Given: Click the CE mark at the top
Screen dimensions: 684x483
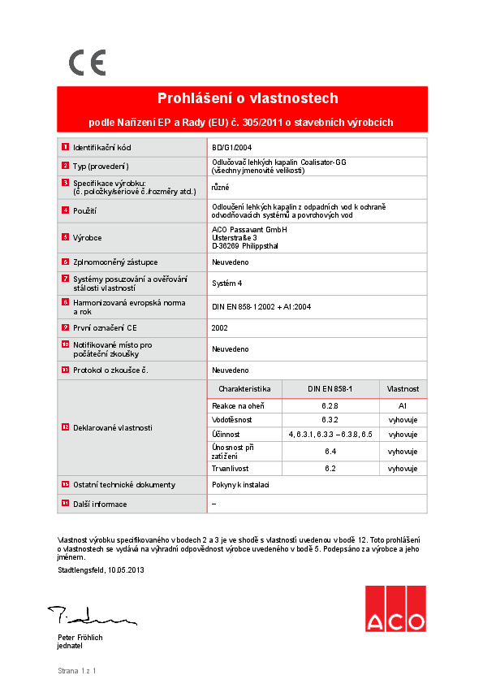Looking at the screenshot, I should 86,63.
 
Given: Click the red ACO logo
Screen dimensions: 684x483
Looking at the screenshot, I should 395,609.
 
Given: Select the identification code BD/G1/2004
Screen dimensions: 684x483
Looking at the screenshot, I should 231,148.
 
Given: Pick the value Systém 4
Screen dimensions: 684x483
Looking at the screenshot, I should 227,284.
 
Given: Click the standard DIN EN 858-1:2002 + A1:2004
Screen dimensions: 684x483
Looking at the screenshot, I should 261,307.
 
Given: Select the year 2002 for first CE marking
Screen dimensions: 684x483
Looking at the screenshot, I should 219,327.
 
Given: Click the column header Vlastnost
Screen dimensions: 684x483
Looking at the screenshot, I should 403,389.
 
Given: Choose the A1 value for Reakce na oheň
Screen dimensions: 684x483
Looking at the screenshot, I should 403,405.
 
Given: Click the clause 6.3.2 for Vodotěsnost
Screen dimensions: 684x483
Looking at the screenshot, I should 330,420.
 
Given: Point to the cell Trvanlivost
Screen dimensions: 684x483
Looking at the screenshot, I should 231,469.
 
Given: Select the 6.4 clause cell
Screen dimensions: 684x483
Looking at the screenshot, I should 330,451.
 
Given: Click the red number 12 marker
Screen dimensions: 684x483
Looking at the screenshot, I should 65,427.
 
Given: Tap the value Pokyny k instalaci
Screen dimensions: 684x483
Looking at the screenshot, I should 240,485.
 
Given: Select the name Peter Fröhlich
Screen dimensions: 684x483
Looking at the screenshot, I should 80,638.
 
